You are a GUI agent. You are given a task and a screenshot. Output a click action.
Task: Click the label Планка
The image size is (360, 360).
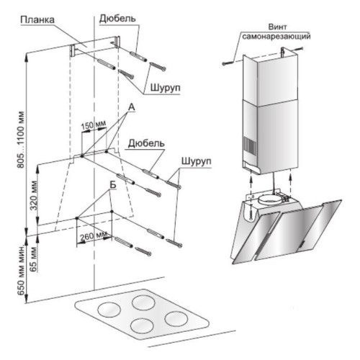click(37, 20)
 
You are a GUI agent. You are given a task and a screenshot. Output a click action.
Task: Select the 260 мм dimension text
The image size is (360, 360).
click(94, 236)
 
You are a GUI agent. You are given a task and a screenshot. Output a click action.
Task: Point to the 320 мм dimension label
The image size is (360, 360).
click(35, 195)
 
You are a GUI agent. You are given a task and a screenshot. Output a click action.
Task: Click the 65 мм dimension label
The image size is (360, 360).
click(35, 259)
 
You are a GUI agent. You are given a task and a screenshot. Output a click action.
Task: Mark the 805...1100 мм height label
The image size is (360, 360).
click(21, 140)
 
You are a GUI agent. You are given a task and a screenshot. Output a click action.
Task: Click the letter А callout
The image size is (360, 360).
click(132, 107)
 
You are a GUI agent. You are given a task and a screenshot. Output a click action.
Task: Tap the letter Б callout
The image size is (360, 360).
click(113, 185)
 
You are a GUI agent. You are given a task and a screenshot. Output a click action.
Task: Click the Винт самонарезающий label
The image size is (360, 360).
click(276, 32)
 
